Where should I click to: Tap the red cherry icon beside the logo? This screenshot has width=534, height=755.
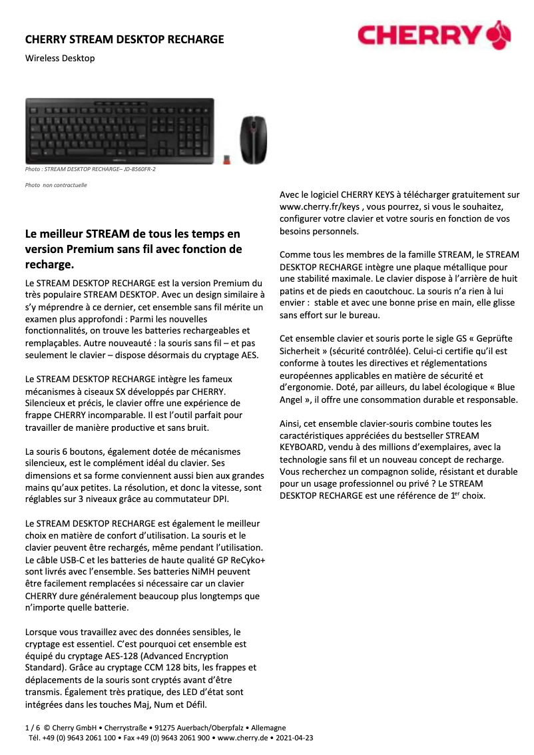pyautogui.click(x=499, y=34)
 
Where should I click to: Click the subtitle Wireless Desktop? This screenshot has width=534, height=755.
pyautogui.click(x=60, y=58)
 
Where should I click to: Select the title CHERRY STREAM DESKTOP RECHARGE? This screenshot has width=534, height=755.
pyautogui.click(x=125, y=39)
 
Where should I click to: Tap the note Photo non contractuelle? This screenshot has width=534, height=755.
pyautogui.click(x=56, y=186)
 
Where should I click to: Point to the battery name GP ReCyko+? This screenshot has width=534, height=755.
pyautogui.click(x=236, y=561)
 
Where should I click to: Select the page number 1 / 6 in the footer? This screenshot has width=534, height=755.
pyautogui.click(x=32, y=728)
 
